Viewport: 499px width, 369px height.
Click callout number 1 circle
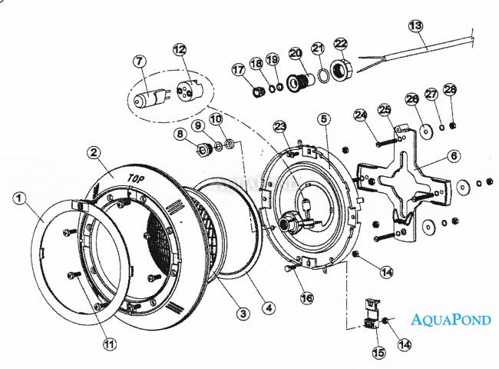click(x=20, y=198)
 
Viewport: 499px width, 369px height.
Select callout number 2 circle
click(x=93, y=152)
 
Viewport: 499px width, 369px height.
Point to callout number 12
click(x=180, y=50)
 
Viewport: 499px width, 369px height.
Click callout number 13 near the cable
click(x=415, y=25)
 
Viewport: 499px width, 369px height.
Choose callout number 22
click(x=341, y=44)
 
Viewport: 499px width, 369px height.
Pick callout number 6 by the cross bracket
click(x=454, y=155)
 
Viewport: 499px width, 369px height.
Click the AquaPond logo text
click(x=451, y=319)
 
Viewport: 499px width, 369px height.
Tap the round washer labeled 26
click(x=422, y=132)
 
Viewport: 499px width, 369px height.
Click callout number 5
click(x=324, y=118)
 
